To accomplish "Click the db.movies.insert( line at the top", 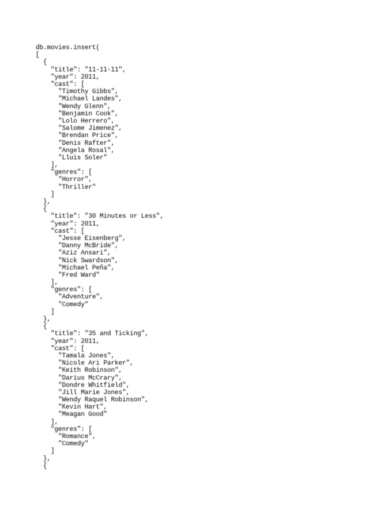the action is (67, 47).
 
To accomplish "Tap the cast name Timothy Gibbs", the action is (86, 91).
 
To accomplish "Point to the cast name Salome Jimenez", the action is (88, 127).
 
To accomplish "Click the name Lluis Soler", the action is (82, 157).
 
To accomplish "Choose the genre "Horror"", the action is (73, 179).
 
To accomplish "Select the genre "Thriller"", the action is (77, 186).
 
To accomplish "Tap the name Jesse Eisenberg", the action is (90, 237).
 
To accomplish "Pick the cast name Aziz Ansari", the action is (82, 252).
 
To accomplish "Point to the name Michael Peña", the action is (84, 267).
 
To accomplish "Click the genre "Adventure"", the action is (79, 296).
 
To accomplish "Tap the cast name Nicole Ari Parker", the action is (94, 362).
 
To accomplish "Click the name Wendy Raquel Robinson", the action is (101, 399).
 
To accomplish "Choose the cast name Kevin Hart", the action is (80, 406).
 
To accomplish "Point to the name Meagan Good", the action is (82, 413).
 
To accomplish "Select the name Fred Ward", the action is (79, 274).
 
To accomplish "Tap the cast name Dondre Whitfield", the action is (92, 384).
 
